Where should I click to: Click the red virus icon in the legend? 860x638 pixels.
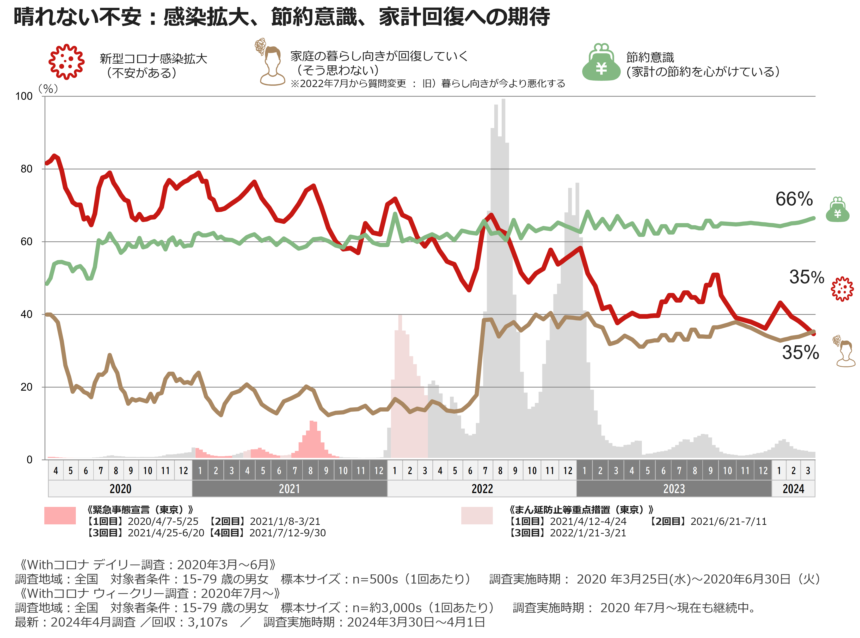click(66, 62)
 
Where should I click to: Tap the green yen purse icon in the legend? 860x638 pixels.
click(601, 62)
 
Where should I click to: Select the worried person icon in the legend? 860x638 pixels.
click(270, 62)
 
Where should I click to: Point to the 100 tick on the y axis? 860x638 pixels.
click(24, 96)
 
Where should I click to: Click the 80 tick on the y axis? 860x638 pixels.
click(26, 169)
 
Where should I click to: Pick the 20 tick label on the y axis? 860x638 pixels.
click(26, 387)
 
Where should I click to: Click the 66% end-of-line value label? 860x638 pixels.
click(794, 199)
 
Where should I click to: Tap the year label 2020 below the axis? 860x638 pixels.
click(120, 489)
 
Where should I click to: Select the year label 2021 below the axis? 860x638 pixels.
click(289, 489)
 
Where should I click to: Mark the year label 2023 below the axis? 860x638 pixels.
click(674, 489)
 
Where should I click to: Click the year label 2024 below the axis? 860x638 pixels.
click(793, 489)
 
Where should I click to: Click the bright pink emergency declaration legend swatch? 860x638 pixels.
click(60, 516)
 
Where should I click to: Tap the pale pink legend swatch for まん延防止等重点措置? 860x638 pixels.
click(477, 516)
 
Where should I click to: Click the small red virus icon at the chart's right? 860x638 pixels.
click(842, 289)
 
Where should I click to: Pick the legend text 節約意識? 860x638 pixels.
click(650, 58)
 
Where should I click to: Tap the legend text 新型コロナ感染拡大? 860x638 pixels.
click(153, 59)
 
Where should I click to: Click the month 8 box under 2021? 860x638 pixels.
click(310, 470)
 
